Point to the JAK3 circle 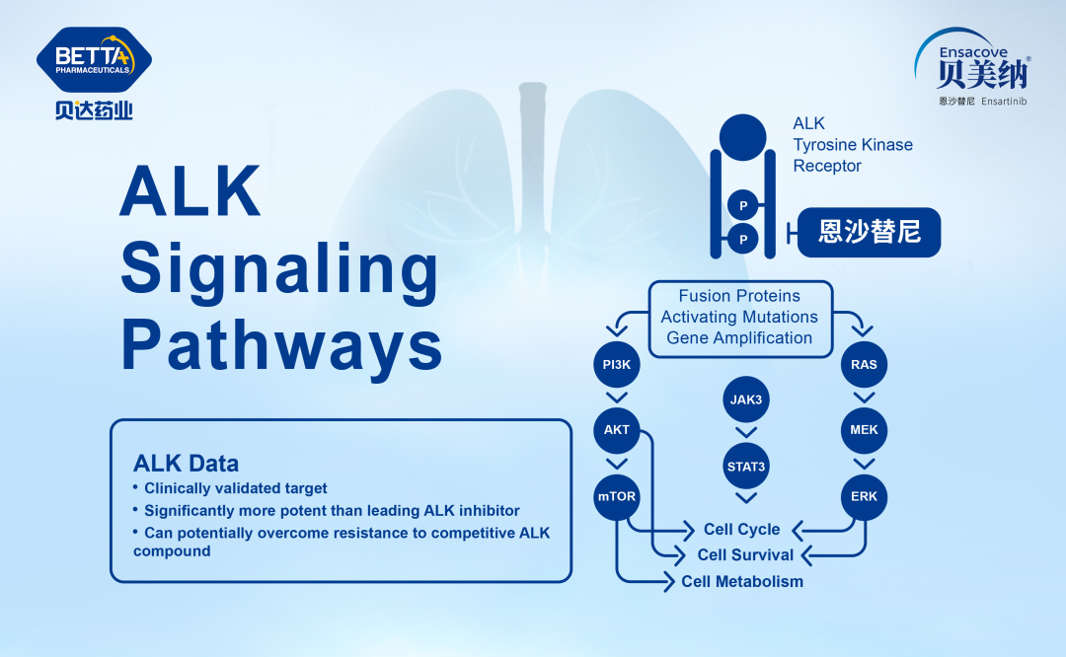(746, 401)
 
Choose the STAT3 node (746, 466)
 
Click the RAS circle (864, 365)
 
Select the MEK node (864, 430)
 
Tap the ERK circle (864, 496)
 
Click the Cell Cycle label (741, 530)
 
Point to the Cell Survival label (745, 555)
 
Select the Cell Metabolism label (742, 582)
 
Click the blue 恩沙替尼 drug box (869, 233)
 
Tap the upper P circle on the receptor (742, 205)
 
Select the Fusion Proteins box (739, 317)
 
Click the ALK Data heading (186, 463)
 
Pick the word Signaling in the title (279, 268)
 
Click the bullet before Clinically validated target (136, 488)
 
